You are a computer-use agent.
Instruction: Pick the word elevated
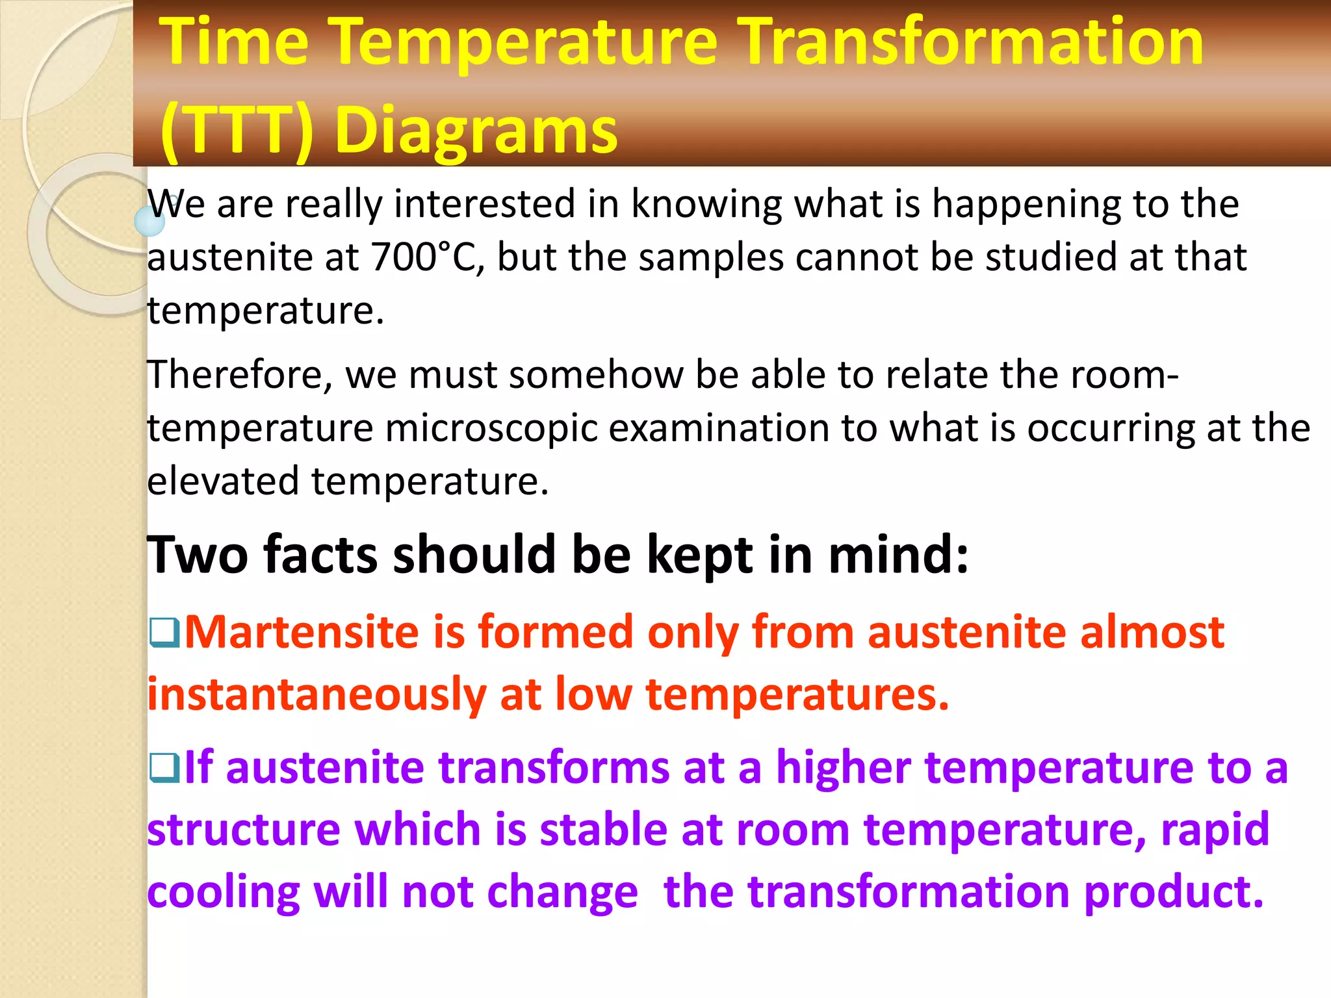222,481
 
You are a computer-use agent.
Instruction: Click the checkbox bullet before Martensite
164,632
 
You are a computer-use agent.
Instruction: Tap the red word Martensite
302,632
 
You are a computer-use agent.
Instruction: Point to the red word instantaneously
317,694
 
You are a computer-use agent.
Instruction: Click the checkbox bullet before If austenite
164,767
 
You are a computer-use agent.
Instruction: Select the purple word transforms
554,767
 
